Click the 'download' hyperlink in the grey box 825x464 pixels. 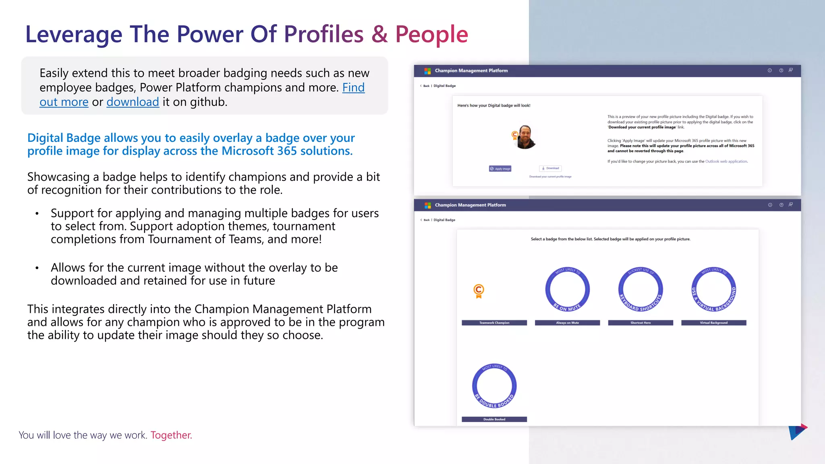tap(133, 102)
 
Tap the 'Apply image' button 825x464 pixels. tap(500, 169)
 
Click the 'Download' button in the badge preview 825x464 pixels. tap(550, 168)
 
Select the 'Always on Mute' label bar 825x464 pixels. tap(567, 323)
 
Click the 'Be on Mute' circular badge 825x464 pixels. tap(567, 290)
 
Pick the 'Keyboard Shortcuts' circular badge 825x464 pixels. tap(641, 290)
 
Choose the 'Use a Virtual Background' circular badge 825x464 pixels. tap(713, 290)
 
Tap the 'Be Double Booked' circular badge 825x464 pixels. tap(494, 386)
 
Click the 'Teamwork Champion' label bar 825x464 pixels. tap(494, 323)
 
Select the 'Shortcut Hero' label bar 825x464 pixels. tap(641, 323)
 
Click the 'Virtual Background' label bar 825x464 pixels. tap(713, 323)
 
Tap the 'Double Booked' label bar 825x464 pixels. tap(494, 419)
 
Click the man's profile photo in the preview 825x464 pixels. tap(525, 137)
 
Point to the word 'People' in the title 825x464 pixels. tap(431, 34)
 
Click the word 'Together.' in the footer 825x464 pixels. tap(171, 435)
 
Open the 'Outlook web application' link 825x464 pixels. tap(726, 162)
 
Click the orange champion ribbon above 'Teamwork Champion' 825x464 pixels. tap(479, 290)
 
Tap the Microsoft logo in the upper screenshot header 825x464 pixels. tap(427, 71)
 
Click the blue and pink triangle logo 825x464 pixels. tap(797, 432)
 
